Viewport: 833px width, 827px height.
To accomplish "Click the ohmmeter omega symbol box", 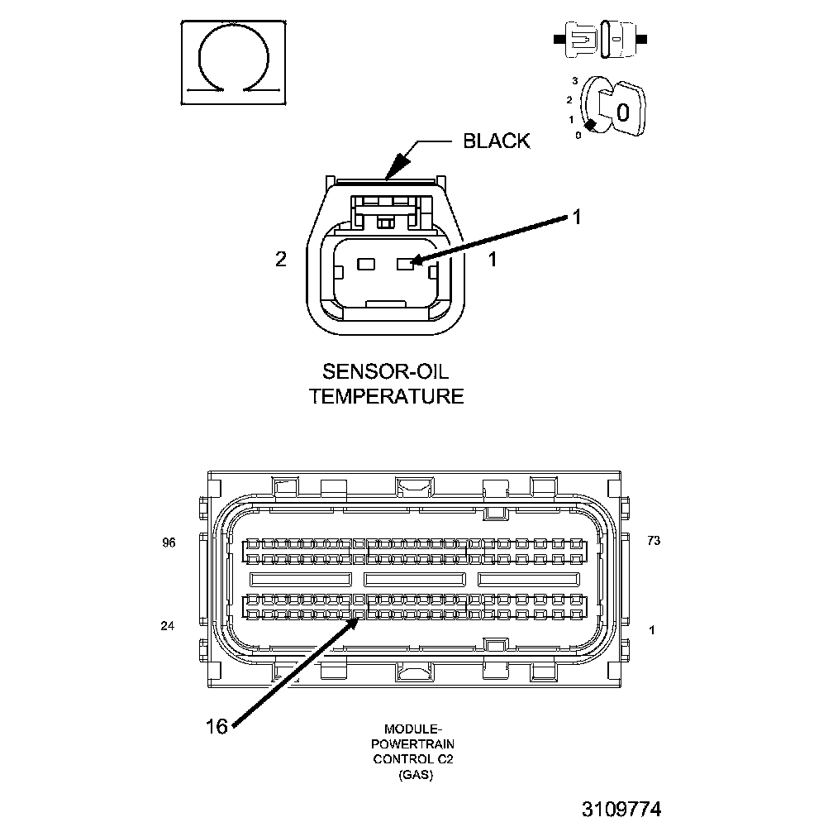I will tap(234, 62).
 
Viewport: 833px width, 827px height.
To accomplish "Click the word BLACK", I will tap(496, 141).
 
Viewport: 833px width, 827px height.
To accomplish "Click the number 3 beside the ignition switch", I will tap(574, 82).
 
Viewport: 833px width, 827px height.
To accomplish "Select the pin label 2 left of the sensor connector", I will tap(281, 260).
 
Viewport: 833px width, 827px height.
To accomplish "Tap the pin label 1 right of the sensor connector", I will tap(493, 260).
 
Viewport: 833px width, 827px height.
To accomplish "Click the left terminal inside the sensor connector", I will tap(366, 264).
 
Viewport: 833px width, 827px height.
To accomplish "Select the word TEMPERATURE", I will tap(386, 396).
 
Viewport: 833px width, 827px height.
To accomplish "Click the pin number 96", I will tap(169, 543).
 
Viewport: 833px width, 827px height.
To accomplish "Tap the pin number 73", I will tap(654, 541).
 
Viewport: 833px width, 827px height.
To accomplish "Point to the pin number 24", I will tap(168, 626).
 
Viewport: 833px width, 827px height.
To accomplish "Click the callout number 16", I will tap(217, 726).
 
